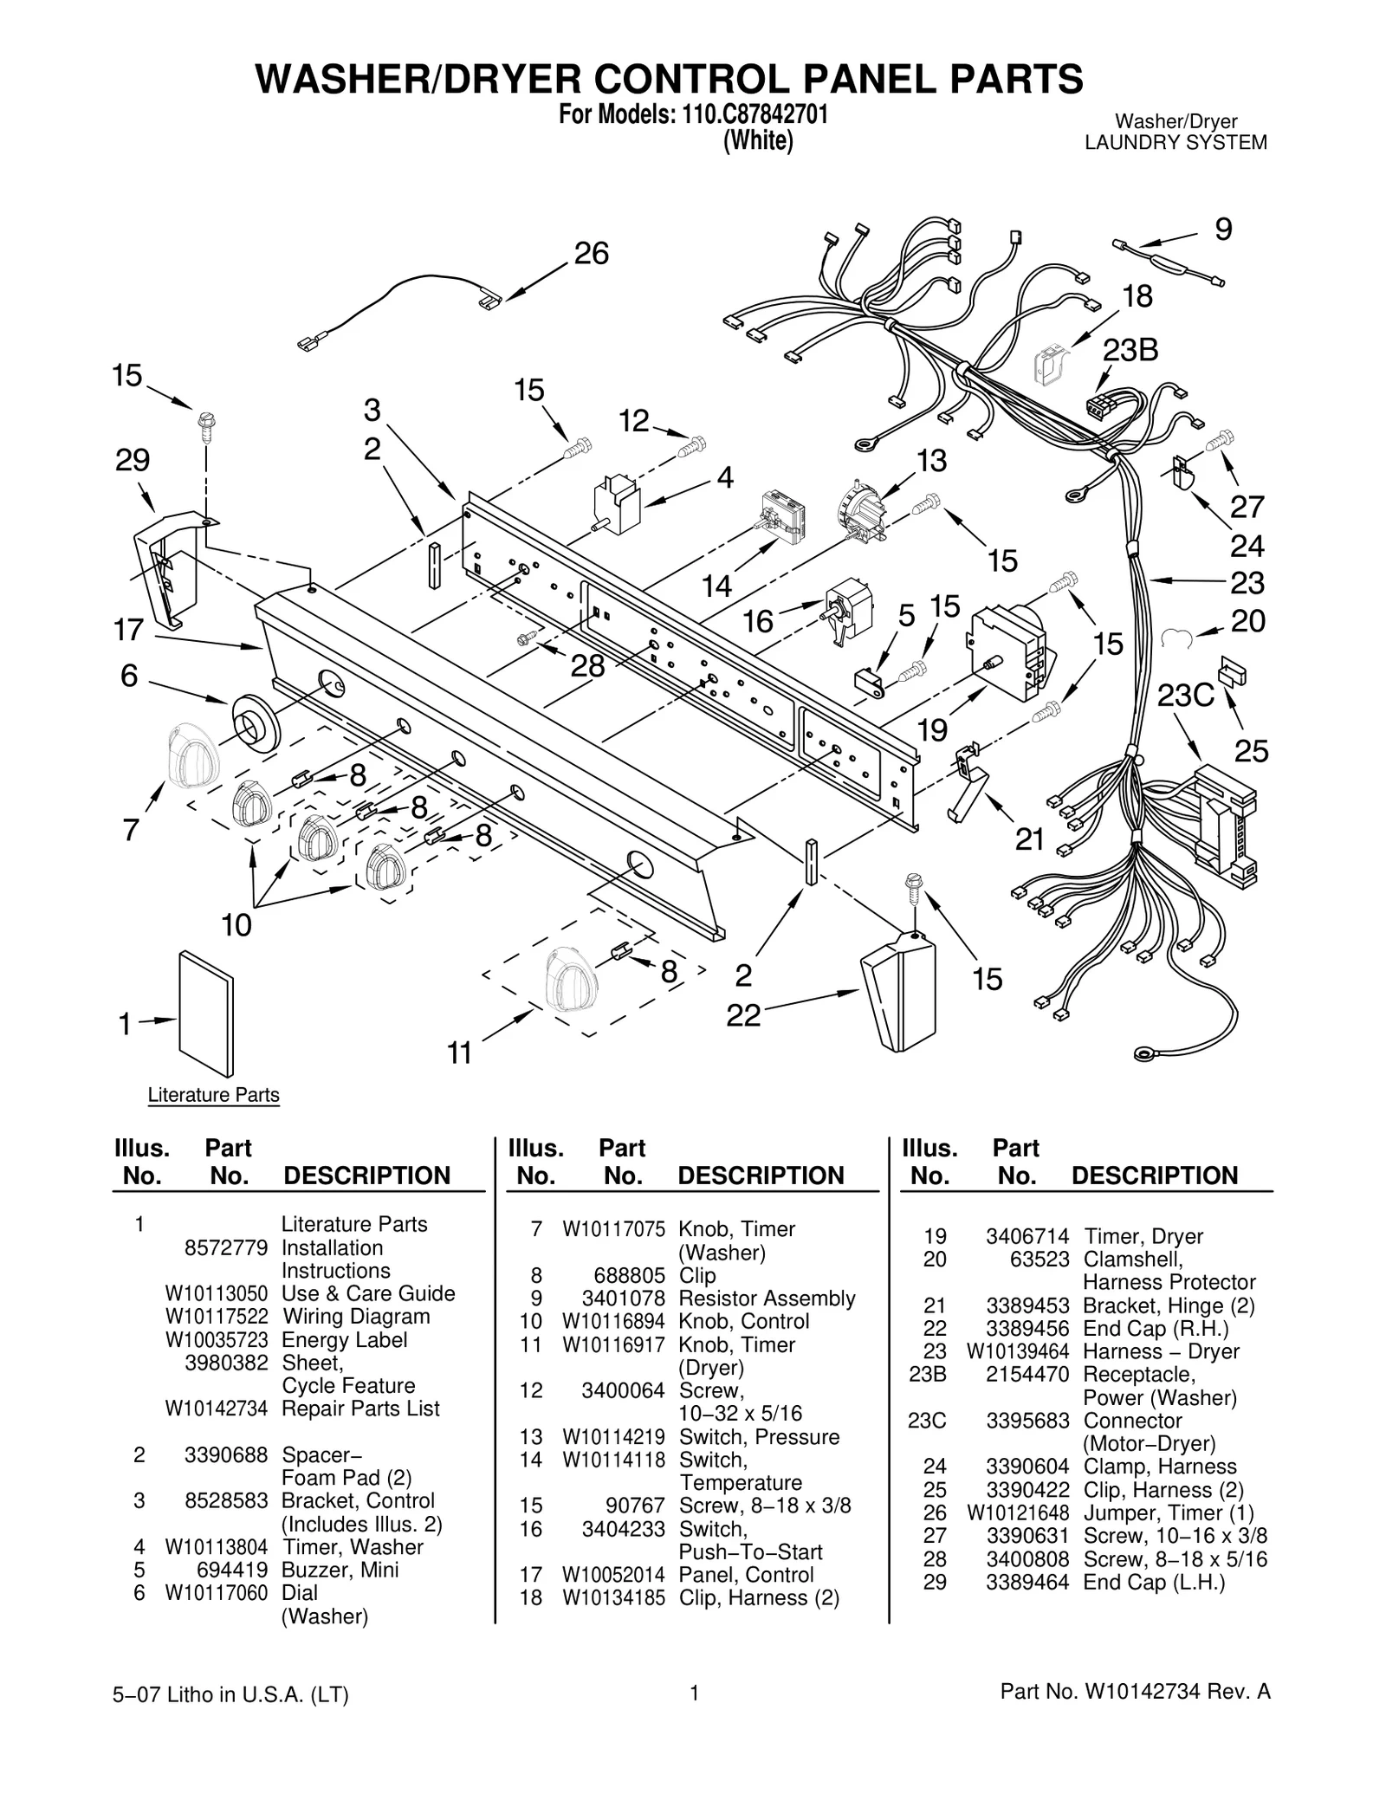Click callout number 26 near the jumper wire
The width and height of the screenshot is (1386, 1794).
click(592, 254)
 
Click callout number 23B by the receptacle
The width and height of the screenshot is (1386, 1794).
click(1130, 351)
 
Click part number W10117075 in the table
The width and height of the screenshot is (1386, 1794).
click(613, 1229)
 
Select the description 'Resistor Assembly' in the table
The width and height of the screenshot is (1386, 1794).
click(767, 1299)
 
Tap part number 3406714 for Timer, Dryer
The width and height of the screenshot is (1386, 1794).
click(1027, 1236)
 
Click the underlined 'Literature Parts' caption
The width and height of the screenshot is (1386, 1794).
click(213, 1095)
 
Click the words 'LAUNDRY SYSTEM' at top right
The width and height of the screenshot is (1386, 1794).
click(1176, 143)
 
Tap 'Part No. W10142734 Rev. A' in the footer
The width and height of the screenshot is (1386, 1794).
click(1135, 1715)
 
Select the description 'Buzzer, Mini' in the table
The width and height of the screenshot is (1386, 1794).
click(340, 1570)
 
